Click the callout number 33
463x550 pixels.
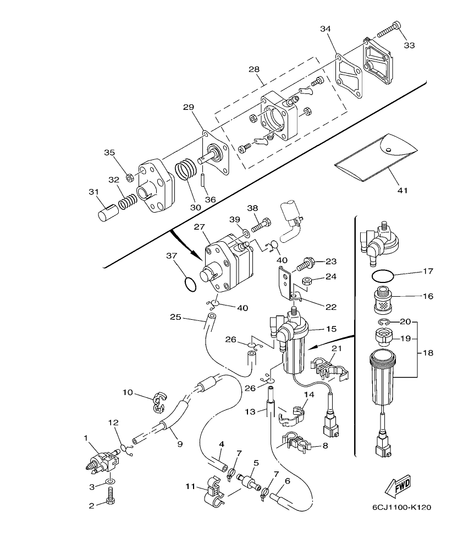click(409, 45)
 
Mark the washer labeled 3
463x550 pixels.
click(111, 481)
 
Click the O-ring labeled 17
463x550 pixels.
click(382, 276)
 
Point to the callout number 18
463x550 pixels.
click(429, 353)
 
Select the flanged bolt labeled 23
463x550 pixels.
click(304, 265)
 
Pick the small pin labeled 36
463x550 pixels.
click(202, 180)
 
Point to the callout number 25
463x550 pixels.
click(175, 316)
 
